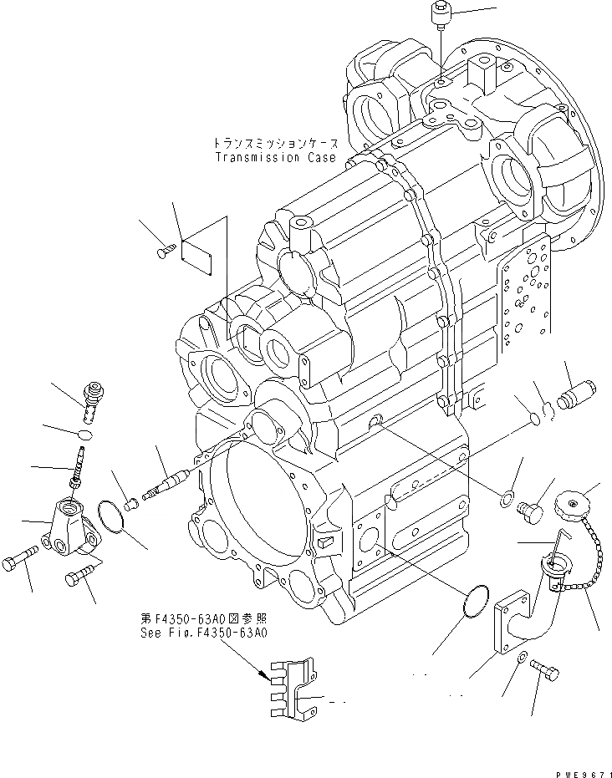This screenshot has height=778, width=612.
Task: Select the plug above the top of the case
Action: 441,14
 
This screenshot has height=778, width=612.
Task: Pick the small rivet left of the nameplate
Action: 165,249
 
